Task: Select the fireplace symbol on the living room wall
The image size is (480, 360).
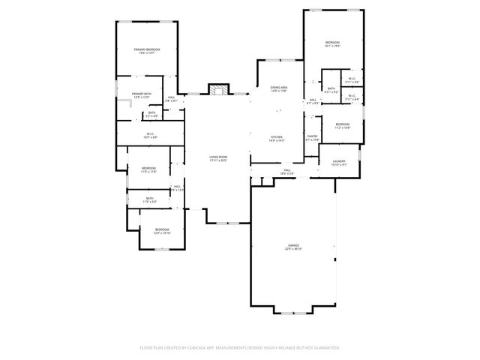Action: [x=217, y=90]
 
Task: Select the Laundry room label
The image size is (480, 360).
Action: [x=338, y=162]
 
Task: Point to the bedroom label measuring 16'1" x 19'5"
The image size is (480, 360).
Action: [x=333, y=43]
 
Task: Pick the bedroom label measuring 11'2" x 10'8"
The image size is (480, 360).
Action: [x=342, y=125]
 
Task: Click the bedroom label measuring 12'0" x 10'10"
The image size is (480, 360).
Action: [x=162, y=231]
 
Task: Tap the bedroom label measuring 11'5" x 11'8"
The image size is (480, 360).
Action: [x=148, y=169]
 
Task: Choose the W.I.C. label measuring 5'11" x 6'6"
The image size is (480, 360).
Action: [x=352, y=80]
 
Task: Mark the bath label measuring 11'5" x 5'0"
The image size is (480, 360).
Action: [x=150, y=200]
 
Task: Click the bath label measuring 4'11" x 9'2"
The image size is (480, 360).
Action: [x=331, y=90]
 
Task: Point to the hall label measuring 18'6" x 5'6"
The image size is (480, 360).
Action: [x=287, y=172]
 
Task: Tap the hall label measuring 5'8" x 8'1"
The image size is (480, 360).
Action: [x=171, y=99]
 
